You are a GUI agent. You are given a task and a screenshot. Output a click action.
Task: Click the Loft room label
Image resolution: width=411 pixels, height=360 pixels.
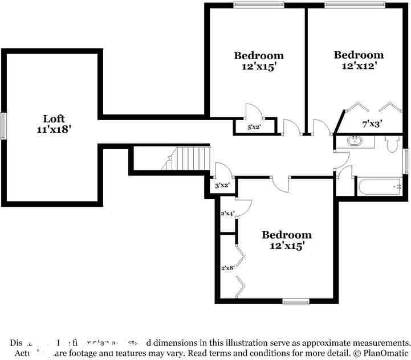[x=54, y=118]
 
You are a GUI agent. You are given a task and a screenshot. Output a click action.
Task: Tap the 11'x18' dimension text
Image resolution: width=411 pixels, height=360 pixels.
[x=54, y=129]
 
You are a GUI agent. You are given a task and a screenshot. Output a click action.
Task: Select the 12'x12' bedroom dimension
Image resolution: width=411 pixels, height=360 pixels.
[x=359, y=66]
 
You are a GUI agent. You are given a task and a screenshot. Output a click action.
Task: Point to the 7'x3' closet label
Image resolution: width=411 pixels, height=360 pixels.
[x=372, y=122]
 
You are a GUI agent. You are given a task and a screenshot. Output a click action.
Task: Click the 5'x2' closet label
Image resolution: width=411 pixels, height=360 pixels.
[x=254, y=128]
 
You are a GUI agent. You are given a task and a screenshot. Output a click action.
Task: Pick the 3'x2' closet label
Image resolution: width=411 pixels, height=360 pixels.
[x=222, y=185]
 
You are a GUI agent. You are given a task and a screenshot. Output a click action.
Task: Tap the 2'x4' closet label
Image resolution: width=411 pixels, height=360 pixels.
[x=227, y=214]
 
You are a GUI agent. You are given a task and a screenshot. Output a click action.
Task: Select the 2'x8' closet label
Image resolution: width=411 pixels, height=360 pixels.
[x=227, y=267]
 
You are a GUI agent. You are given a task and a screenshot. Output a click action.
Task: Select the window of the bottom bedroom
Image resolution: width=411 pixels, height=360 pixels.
[x=295, y=301]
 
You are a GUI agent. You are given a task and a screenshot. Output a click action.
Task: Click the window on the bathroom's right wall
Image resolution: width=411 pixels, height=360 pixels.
[x=406, y=161]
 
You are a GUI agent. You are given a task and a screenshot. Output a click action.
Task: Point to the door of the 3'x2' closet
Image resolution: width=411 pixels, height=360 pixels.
[x=222, y=170]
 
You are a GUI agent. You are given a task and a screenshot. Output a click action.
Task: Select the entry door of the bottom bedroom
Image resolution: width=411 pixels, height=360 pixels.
[x=280, y=184]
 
